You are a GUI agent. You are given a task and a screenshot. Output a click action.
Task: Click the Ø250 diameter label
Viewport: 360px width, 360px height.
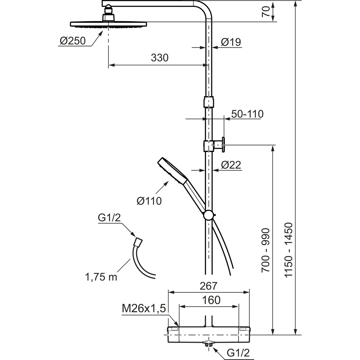(x=73, y=41)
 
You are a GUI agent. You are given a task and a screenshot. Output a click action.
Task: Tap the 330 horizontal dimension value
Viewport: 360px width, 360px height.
(x=160, y=58)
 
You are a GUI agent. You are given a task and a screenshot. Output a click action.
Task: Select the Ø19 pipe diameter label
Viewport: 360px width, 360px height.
(x=231, y=42)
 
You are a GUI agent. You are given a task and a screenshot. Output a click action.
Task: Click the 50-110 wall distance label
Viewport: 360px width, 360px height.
(x=247, y=114)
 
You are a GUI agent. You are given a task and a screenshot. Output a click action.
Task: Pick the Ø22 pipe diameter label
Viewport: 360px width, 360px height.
(x=231, y=165)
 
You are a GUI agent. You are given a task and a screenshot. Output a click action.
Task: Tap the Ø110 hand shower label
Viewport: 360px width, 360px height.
(x=149, y=200)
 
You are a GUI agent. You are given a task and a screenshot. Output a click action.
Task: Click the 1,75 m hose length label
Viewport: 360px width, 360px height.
(x=101, y=277)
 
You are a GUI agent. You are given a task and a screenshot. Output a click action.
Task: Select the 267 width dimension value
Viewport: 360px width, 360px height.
(x=209, y=286)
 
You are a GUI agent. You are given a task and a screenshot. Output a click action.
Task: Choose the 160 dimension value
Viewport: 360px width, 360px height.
(x=209, y=300)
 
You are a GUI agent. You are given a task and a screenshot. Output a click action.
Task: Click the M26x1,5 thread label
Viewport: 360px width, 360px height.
(x=144, y=308)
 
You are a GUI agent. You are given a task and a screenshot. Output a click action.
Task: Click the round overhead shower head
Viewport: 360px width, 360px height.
(x=108, y=24)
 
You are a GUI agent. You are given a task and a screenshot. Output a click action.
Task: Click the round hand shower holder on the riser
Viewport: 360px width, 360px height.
(x=208, y=215)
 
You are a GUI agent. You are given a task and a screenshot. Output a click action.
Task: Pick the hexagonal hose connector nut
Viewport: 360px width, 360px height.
(x=138, y=241)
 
